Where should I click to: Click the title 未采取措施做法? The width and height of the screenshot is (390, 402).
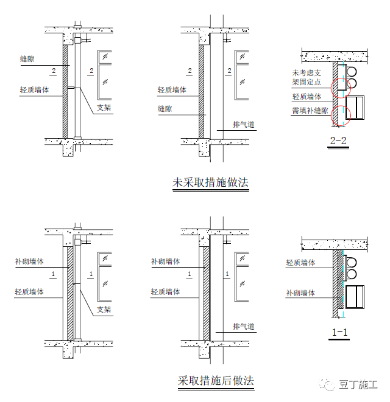tap(211, 182)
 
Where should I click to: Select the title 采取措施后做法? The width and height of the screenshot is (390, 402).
tap(216, 381)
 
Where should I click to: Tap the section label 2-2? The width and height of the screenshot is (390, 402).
tap(338, 140)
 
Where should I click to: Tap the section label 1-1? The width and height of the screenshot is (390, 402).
tap(339, 332)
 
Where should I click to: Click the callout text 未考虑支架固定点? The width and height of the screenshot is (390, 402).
tap(307, 77)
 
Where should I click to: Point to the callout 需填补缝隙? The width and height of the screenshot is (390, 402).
tap(310, 111)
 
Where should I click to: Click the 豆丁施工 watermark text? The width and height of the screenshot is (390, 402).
tap(358, 384)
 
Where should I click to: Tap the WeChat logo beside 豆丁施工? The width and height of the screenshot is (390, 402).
tap(326, 384)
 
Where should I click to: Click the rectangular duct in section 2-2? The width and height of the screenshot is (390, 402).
tap(355, 108)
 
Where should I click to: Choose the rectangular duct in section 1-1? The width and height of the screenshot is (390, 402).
tap(355, 297)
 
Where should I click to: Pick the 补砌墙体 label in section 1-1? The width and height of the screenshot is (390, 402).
tap(300, 293)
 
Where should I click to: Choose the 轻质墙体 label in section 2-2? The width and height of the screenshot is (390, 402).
tap(307, 97)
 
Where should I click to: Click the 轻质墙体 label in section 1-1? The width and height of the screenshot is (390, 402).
tap(300, 263)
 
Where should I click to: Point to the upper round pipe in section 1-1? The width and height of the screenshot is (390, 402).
tap(352, 263)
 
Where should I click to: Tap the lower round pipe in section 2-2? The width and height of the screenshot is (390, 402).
tap(352, 83)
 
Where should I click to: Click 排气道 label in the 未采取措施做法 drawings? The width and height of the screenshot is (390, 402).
tap(243, 125)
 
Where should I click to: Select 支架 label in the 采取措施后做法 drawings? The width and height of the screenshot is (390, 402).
tap(104, 310)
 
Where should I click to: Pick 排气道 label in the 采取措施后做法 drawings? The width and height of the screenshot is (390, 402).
tap(243, 327)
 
